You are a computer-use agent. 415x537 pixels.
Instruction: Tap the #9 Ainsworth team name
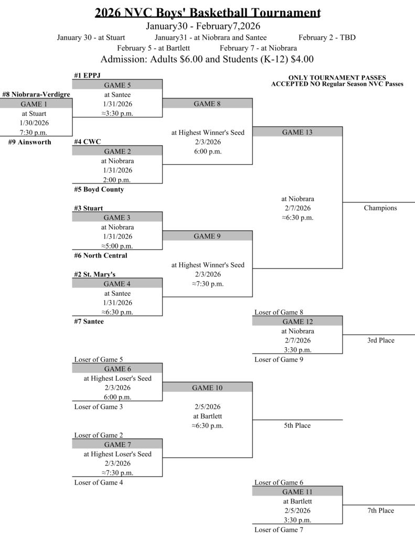coord(30,142)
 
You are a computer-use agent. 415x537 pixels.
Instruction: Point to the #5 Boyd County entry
coord(99,189)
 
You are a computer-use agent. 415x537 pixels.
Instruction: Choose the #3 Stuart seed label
coord(88,208)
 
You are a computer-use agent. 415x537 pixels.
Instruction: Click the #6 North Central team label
coord(100,255)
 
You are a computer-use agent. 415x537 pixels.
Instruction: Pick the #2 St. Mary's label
coord(94,274)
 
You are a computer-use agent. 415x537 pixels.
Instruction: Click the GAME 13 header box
coord(297,132)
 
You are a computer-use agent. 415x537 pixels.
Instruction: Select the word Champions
coord(380,208)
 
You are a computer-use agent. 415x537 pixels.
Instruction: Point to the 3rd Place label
coord(380,340)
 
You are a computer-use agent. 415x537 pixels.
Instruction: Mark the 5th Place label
coord(297,425)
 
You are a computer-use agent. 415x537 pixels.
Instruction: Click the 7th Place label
coord(380,510)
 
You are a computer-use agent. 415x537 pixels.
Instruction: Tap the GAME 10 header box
coord(207,388)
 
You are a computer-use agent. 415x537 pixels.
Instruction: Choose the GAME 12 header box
coord(297,321)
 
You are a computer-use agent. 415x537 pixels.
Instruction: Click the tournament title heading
coord(208,13)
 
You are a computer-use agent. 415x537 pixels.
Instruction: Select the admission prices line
coord(207,59)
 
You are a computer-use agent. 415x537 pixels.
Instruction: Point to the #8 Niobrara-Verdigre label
coord(36,94)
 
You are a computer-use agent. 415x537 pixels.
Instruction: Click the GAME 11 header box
coord(297,491)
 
